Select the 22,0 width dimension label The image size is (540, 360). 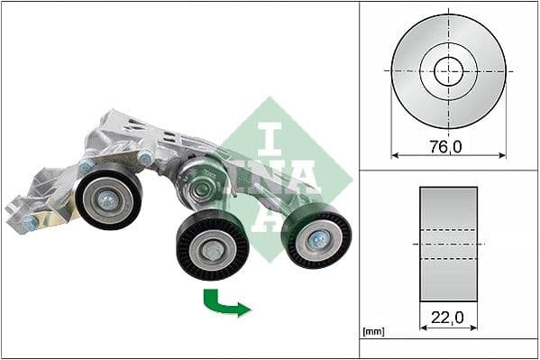pos(448,318)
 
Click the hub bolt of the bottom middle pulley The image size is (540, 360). pos(211,250)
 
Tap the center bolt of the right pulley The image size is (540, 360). pos(318,239)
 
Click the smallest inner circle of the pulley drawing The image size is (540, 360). pos(448,70)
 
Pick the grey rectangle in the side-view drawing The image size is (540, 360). pos(448,245)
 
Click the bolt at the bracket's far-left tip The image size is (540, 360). pos(30,221)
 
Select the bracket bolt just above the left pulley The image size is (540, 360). pos(86,166)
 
